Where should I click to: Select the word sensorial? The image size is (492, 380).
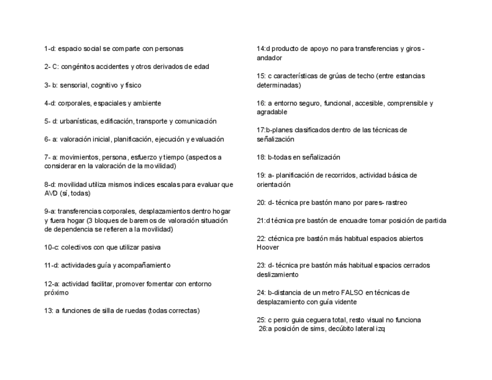[x=72, y=85]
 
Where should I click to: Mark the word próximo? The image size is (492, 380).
[x=56, y=292]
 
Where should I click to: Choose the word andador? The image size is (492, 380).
[x=269, y=58]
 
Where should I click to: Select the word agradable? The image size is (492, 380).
[x=272, y=112]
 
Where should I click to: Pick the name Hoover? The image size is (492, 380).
[x=268, y=247]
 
